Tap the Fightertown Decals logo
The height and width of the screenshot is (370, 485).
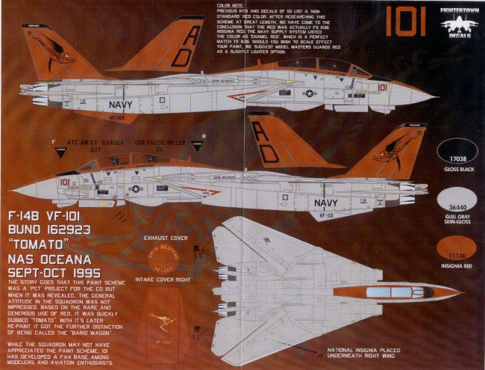click(x=459, y=22)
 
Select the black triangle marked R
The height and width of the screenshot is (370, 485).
click(x=196, y=147)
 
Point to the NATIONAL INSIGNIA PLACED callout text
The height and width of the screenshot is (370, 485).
click(x=369, y=351)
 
